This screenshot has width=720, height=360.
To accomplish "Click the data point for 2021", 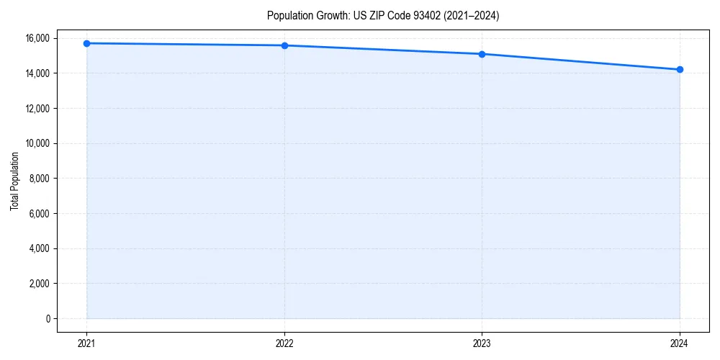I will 86,43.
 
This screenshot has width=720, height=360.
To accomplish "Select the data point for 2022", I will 284,45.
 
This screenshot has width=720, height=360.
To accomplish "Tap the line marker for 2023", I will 482,54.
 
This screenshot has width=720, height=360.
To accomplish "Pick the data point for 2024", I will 680,70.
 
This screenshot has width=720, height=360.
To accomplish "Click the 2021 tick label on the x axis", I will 86,343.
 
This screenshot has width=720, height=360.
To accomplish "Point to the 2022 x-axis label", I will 284,343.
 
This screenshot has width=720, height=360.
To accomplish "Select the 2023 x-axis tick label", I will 482,343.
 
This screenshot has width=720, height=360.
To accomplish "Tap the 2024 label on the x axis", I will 680,343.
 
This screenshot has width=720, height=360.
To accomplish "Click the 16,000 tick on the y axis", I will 37,38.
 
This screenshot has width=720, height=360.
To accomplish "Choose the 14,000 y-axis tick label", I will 37,73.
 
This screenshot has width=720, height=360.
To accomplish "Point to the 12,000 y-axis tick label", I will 37,109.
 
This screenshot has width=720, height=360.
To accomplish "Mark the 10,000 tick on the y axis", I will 37,143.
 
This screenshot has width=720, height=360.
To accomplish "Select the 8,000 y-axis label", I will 39,179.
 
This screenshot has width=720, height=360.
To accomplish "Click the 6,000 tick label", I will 39,214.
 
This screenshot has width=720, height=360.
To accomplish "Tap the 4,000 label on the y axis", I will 39,249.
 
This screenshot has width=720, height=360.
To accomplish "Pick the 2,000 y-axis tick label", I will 39,284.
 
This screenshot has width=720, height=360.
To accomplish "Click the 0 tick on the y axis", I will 48,319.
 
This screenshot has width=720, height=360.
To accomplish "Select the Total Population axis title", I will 14,181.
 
